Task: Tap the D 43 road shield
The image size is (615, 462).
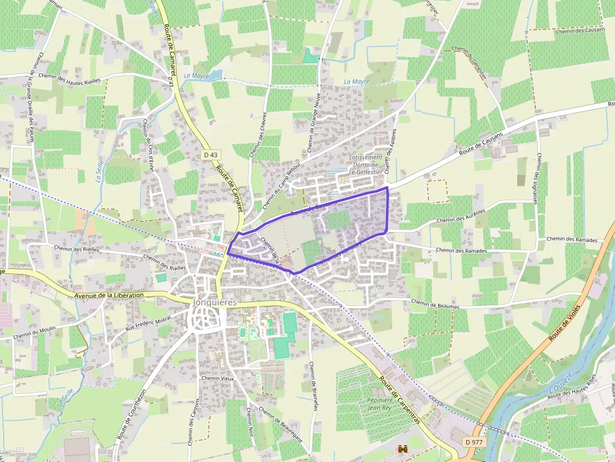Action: tap(210, 154)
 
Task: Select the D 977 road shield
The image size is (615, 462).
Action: tap(474, 442)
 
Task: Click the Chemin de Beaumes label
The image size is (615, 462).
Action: tap(435, 305)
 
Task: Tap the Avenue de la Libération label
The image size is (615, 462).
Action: tap(108, 295)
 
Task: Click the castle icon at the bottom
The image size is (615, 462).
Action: tap(402, 449)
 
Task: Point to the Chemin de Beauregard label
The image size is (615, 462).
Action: tap(280, 426)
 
